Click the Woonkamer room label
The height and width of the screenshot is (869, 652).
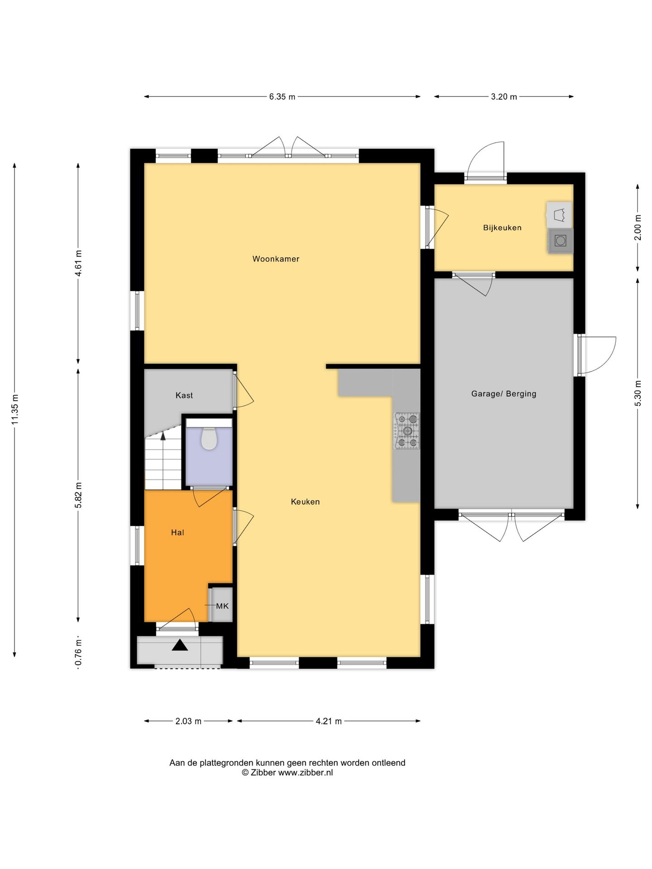pos(276,259)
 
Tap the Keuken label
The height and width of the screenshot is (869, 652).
pos(305,501)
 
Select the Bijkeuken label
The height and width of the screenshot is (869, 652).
pos(502,228)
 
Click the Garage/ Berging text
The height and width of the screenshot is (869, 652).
pos(503,394)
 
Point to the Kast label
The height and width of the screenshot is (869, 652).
pos(184,395)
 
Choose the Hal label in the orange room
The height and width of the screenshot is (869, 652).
pos(177,533)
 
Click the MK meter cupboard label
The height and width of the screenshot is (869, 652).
pos(222,606)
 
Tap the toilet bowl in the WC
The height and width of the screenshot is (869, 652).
pos(209,438)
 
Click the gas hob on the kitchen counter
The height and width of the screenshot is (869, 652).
pos(407,430)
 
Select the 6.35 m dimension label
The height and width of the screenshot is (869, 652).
pos(282,96)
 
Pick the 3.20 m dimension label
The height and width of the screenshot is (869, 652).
pos(503,96)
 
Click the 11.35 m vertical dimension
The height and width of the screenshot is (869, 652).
pos(15,410)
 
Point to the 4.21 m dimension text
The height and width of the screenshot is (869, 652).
pos(329,721)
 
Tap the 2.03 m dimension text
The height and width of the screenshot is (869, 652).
pos(188,721)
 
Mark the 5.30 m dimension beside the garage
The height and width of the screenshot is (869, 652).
pos(638,392)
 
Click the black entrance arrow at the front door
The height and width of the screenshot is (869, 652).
pos(180,645)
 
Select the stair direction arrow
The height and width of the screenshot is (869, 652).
pos(163,436)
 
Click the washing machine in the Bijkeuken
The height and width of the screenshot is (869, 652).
pos(561,241)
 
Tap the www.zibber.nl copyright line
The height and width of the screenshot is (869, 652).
pos(287,773)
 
